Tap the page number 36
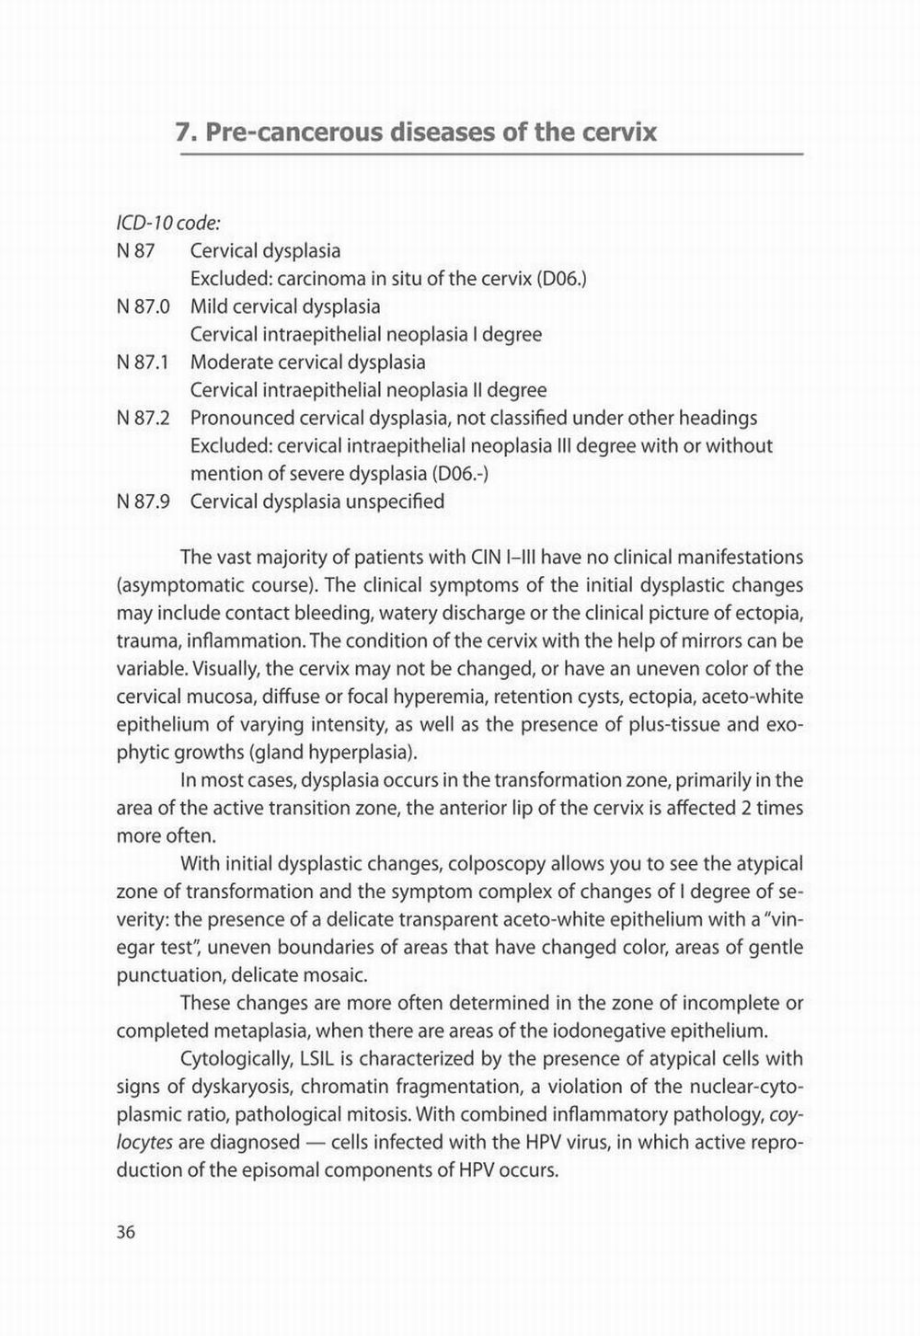(126, 1232)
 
